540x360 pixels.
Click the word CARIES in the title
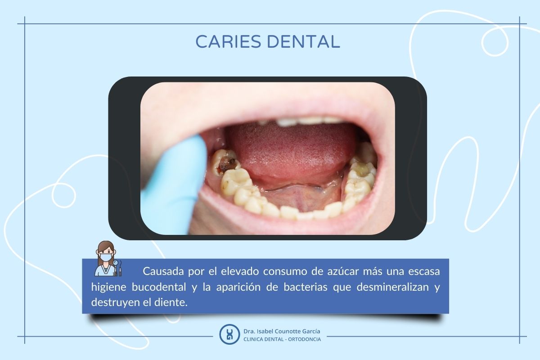pos(228,41)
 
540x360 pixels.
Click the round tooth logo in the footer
pos(229,334)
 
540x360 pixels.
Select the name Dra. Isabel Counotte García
pos(282,331)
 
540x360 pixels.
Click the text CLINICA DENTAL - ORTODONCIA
pos(282,339)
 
